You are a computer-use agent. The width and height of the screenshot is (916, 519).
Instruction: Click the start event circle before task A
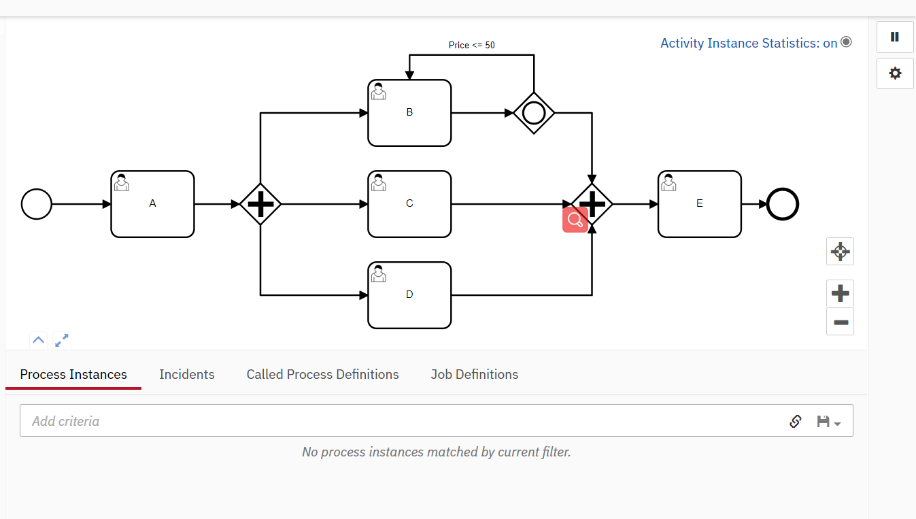coord(37,204)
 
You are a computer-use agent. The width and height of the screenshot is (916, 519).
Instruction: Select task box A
coord(152,204)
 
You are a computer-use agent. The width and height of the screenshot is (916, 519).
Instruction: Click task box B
coord(409,113)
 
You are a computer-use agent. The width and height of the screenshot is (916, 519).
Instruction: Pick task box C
coord(409,204)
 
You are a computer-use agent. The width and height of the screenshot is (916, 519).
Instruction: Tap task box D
coord(409,295)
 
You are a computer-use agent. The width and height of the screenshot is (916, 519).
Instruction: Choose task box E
coord(700,204)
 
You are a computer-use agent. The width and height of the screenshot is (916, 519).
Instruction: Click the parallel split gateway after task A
coord(260,204)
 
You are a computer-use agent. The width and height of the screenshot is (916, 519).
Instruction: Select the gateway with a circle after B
coord(534,113)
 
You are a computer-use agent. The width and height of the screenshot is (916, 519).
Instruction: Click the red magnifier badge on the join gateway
coord(575,220)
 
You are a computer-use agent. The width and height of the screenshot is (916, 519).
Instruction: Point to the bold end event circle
coord(783,204)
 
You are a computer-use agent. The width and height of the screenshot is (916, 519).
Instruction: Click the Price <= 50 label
coord(472,46)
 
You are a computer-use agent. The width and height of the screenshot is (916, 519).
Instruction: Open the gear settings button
coord(895,73)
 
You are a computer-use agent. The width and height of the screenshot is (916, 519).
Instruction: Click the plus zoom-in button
coord(840,294)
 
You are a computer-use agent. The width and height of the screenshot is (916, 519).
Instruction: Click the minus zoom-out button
coord(840,322)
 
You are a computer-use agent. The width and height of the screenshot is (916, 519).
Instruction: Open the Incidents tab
coord(187,375)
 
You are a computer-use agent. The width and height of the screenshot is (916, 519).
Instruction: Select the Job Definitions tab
coord(475,375)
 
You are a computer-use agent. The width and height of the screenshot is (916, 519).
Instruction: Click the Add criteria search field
coord(401,421)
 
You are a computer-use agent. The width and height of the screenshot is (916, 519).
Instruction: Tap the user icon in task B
coord(379,92)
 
